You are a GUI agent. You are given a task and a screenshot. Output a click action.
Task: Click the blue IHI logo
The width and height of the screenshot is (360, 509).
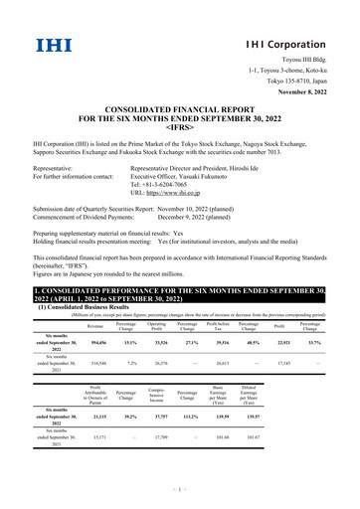[x=47, y=45]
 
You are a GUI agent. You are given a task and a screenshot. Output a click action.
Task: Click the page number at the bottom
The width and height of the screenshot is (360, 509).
[x=179, y=492]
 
